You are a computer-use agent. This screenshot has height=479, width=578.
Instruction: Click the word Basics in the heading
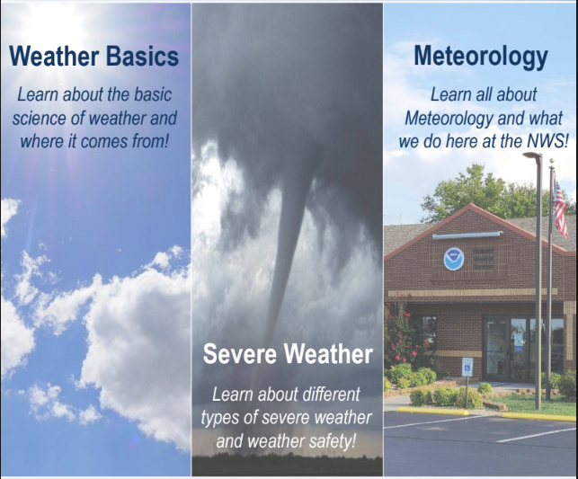point(142,57)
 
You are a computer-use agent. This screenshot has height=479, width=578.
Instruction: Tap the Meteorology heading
point(481,58)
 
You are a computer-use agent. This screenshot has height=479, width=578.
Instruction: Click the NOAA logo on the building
point(454,259)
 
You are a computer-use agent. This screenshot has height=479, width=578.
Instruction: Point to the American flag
point(560,209)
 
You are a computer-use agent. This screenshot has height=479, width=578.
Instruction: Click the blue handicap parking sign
point(467,367)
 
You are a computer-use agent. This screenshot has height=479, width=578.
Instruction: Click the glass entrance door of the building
point(497,350)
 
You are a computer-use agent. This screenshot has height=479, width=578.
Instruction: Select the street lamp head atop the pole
point(533,155)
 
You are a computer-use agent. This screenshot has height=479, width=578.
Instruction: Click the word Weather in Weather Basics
point(54,57)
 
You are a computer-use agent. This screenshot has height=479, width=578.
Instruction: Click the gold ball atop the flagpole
point(551,161)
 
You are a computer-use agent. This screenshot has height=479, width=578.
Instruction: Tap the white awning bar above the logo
point(467,235)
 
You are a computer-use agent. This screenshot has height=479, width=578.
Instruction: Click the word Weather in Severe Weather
point(328,353)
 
